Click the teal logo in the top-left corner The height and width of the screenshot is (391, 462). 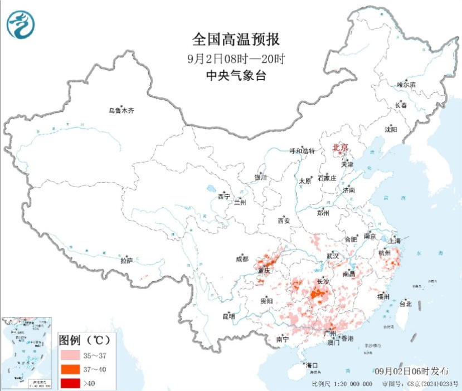[21, 25]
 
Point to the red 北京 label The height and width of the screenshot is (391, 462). [340, 148]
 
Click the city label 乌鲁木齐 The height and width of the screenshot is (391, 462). [121, 111]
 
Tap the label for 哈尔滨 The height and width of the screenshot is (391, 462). [406, 85]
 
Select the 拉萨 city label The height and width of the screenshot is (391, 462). [127, 260]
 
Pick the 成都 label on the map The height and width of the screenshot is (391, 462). [242, 258]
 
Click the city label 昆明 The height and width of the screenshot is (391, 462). [228, 316]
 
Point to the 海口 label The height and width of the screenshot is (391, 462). [312, 365]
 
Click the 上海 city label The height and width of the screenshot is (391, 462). [395, 241]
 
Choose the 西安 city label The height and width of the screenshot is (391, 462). [284, 221]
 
